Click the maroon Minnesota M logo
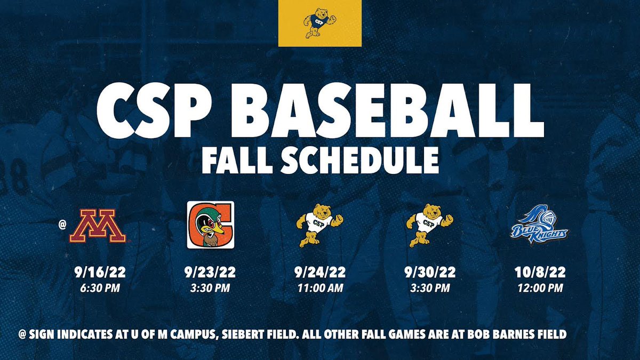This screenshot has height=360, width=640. pos(98,226)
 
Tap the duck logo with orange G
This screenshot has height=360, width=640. pos(210,225)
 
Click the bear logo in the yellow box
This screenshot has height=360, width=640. pos(320,23)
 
